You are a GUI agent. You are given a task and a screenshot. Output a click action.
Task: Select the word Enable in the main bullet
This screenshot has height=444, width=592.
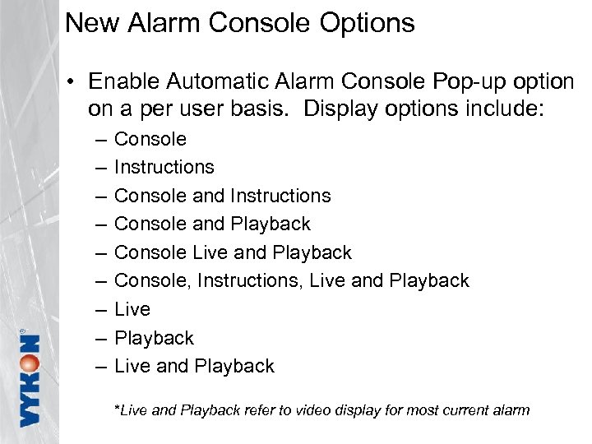point(123,82)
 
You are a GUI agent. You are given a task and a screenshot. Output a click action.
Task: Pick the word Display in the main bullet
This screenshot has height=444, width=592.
point(339,109)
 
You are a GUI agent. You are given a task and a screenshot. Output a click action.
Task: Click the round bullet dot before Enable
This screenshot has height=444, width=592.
point(72,83)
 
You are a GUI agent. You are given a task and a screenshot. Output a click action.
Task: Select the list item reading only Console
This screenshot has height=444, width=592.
point(150,139)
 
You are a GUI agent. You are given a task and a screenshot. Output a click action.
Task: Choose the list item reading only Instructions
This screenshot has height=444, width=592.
point(164,167)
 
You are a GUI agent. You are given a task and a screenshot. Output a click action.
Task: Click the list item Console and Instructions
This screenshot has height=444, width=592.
point(222,196)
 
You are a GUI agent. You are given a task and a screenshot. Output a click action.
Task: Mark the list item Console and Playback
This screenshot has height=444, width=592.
point(212,224)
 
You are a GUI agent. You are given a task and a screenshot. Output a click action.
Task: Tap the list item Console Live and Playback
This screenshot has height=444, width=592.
point(233,252)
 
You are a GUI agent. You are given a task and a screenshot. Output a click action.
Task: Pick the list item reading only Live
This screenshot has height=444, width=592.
point(132,309)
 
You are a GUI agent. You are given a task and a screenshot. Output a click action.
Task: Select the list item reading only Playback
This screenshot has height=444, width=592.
point(154,338)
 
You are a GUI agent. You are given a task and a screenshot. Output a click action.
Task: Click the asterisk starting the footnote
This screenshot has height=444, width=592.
point(118,408)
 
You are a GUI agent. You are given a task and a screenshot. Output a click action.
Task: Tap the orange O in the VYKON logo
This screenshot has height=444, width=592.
point(30,366)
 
